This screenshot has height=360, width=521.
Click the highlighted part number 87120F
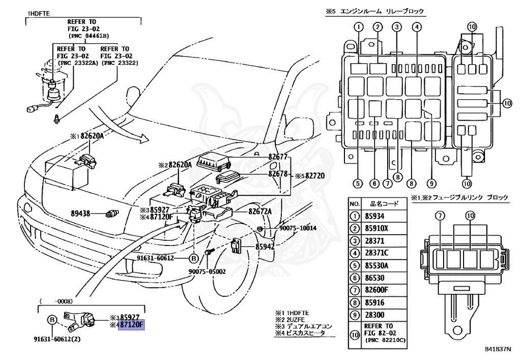click(x=132, y=325)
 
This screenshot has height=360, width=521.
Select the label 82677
click(x=278, y=157)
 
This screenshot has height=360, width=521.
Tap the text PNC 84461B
click(x=85, y=36)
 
